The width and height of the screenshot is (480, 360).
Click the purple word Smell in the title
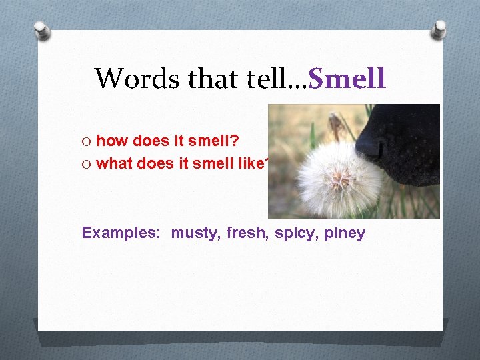point(347,79)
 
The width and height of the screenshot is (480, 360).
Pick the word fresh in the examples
point(246,233)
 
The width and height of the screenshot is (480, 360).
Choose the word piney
point(345,233)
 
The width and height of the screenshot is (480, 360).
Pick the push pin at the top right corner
point(439,29)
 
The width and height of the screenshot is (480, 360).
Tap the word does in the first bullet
point(152,141)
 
